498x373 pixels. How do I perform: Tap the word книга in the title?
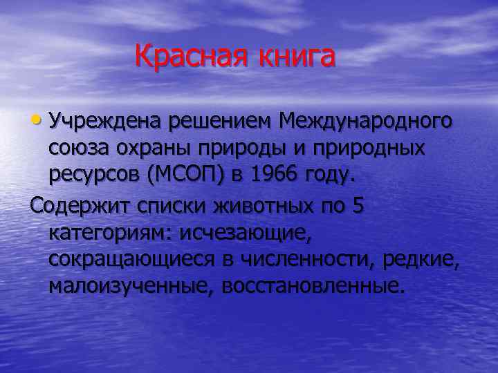pyautogui.click(x=297, y=56)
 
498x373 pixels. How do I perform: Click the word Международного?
pyautogui.click(x=367, y=122)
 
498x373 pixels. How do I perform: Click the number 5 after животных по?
pyautogui.click(x=358, y=206)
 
